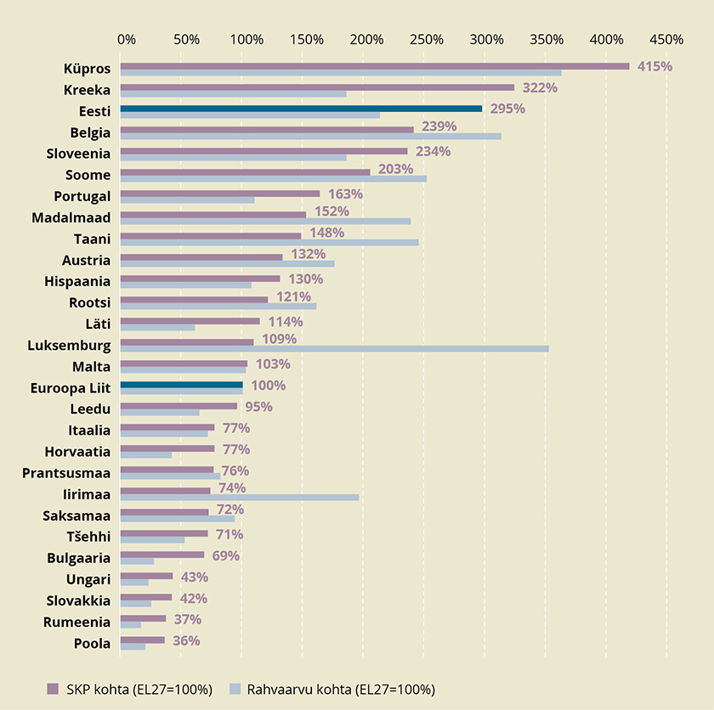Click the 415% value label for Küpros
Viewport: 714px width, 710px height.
pyautogui.click(x=654, y=66)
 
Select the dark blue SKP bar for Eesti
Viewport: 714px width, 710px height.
pyautogui.click(x=301, y=109)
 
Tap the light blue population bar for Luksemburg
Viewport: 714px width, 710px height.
pyautogui.click(x=334, y=348)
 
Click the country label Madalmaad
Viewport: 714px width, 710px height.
pyautogui.click(x=71, y=217)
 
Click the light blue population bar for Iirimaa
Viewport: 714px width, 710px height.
pyautogui.click(x=239, y=497)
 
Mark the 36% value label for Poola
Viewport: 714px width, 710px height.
pyautogui.click(x=186, y=640)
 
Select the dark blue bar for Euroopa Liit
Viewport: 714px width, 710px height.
pyautogui.click(x=181, y=385)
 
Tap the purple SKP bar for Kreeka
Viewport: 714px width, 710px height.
pyautogui.click(x=317, y=87)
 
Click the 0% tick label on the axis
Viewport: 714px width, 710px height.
pyautogui.click(x=127, y=39)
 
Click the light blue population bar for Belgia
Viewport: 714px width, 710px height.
pyautogui.click(x=310, y=136)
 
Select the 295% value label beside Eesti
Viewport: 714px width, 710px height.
pyautogui.click(x=507, y=109)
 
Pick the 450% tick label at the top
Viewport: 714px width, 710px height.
pyautogui.click(x=666, y=39)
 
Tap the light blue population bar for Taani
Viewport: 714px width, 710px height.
pyautogui.click(x=269, y=242)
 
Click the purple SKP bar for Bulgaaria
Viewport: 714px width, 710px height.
pyautogui.click(x=162, y=555)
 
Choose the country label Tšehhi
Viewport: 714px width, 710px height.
pyautogui.click(x=88, y=537)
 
